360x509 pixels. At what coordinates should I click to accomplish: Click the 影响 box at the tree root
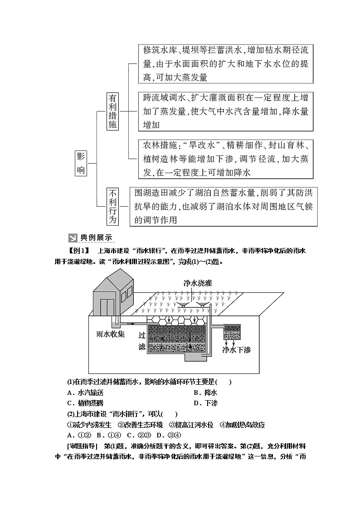pyautogui.click(x=81, y=163)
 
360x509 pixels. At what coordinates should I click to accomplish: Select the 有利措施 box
pyautogui.click(x=113, y=111)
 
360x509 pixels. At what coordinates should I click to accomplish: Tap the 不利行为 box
pyautogui.click(x=113, y=206)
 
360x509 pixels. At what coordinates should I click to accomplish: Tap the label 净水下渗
pyautogui.click(x=236, y=349)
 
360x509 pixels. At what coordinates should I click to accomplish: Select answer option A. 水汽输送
pyautogui.click(x=85, y=393)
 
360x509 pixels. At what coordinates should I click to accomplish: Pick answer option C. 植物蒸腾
pyautogui.click(x=85, y=403)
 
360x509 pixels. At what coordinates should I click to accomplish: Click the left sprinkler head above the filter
pyautogui.click(x=181, y=305)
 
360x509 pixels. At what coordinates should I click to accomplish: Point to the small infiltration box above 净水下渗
pyautogui.click(x=233, y=332)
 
